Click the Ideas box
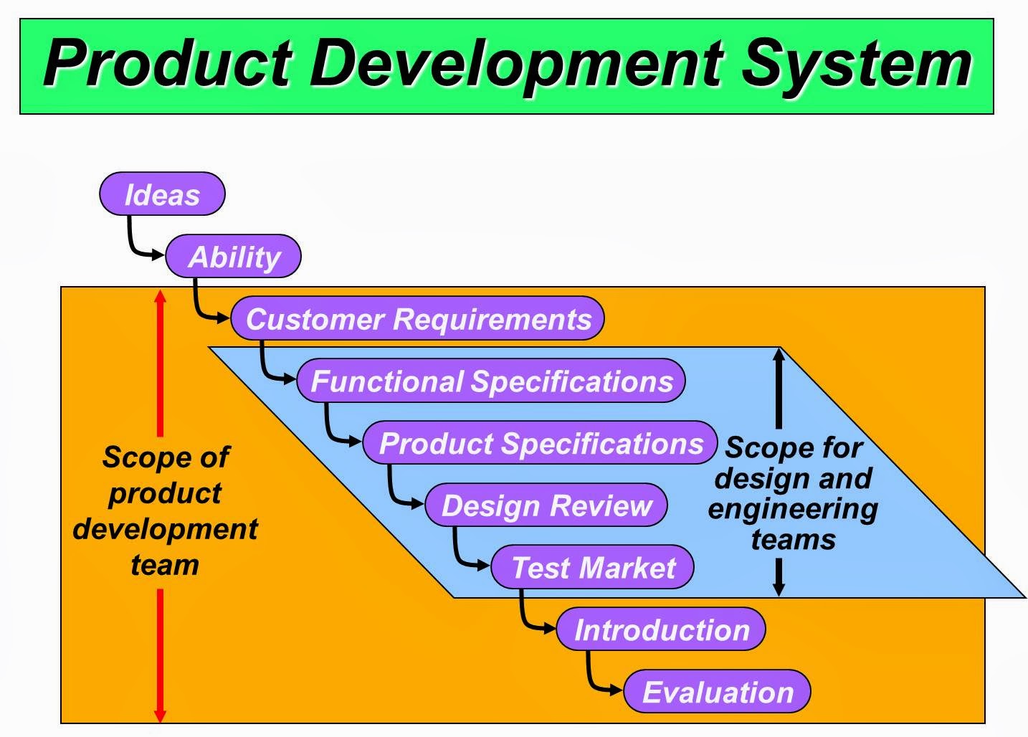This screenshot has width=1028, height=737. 162,194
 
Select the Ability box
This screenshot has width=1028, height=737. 234,257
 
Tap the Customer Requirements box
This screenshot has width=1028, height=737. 418,319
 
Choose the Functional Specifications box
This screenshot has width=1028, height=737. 491,381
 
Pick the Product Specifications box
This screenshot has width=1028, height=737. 540,443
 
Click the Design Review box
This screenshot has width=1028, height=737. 546,505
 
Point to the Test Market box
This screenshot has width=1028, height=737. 593,568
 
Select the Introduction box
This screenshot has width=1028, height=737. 661,629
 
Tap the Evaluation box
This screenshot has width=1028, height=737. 717,692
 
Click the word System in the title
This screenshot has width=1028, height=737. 856,65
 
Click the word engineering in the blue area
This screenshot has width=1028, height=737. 793,509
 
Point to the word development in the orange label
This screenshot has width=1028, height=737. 165,529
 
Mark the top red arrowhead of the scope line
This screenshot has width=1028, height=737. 161,295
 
